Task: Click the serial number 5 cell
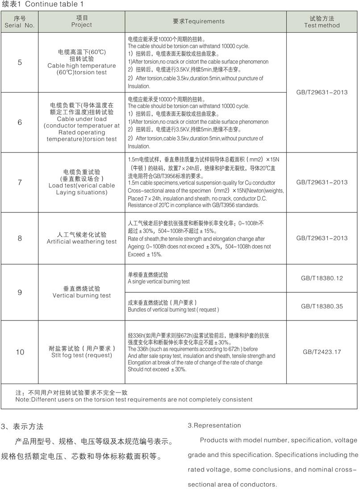point(20,62)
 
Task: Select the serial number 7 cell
point(20,182)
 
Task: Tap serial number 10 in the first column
point(20,352)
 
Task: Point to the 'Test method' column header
point(322,25)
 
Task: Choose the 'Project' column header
point(82,25)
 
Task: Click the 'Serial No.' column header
point(20,25)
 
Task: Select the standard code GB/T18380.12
point(322,278)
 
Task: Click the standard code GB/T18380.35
point(322,306)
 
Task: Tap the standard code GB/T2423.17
point(322,352)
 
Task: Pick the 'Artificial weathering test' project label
point(82,242)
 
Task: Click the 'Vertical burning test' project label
point(82,295)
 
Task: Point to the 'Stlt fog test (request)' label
point(82,355)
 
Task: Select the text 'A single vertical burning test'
point(159,282)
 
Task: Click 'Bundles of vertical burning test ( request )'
point(173,309)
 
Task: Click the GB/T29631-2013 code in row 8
point(322,238)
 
